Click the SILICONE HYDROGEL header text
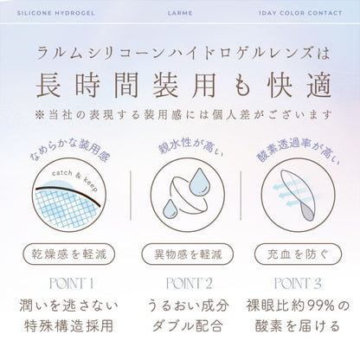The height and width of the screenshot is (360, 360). click(55, 13)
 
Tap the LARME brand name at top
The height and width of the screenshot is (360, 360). click(180, 13)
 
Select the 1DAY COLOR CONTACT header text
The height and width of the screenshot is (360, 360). click(300, 13)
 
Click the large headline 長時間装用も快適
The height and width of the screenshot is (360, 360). click(183, 84)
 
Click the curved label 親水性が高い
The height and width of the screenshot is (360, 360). click(190, 146)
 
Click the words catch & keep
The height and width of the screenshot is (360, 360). click(74, 179)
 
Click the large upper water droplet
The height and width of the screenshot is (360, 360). click(199, 182)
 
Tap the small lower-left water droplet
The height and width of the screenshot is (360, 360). click(170, 209)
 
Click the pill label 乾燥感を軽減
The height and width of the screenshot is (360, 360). click(69, 254)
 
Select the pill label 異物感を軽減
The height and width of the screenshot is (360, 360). click(188, 254)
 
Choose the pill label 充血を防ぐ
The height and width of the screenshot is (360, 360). click(298, 254)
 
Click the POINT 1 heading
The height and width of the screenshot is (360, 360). click(71, 283)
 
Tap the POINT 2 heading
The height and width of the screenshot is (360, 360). click(189, 283)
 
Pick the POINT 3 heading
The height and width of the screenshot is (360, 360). click(298, 283)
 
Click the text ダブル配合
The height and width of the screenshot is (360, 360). click(188, 326)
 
